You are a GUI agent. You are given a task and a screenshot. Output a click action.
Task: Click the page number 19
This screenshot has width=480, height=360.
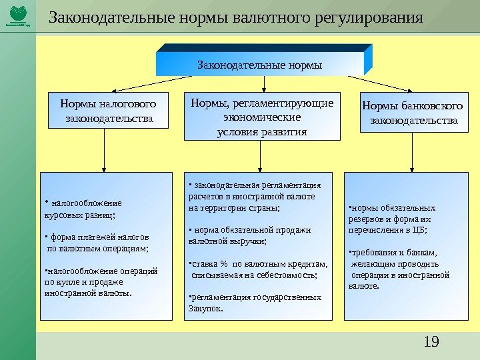(x=431, y=343)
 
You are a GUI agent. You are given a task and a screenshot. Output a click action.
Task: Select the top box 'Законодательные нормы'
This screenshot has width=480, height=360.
(x=260, y=65)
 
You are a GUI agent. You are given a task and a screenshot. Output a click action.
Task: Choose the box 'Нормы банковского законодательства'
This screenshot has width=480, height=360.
(x=413, y=113)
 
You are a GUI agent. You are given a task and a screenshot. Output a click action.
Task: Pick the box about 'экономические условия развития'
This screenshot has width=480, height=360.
(x=262, y=117)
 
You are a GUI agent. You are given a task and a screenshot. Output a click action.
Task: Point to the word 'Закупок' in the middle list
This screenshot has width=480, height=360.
(x=205, y=309)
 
